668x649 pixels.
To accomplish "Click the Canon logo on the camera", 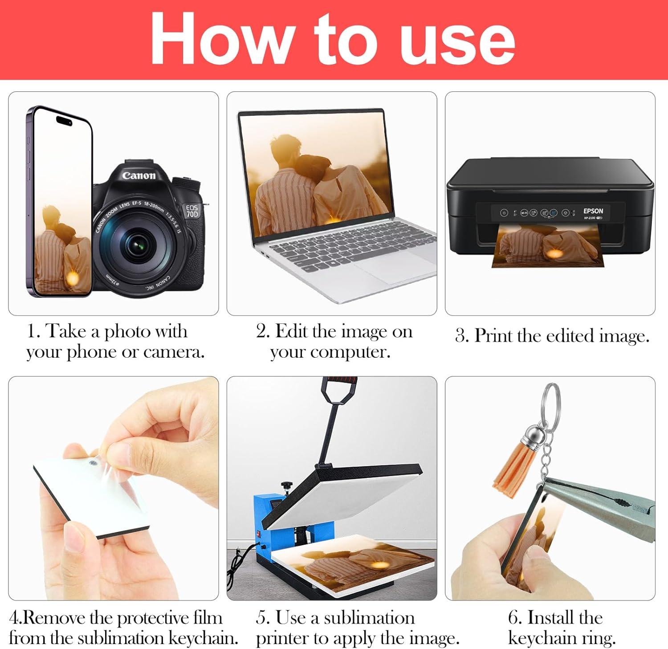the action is pyautogui.click(x=139, y=175).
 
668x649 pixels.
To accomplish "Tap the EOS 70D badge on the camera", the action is pyautogui.click(x=193, y=211).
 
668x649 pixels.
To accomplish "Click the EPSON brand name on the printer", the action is pyautogui.click(x=593, y=211).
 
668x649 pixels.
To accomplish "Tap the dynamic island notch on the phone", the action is pyautogui.click(x=66, y=120).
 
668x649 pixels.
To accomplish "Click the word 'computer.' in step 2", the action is pyautogui.click(x=330, y=352).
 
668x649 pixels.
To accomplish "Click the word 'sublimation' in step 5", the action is pyautogui.click(x=369, y=618).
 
